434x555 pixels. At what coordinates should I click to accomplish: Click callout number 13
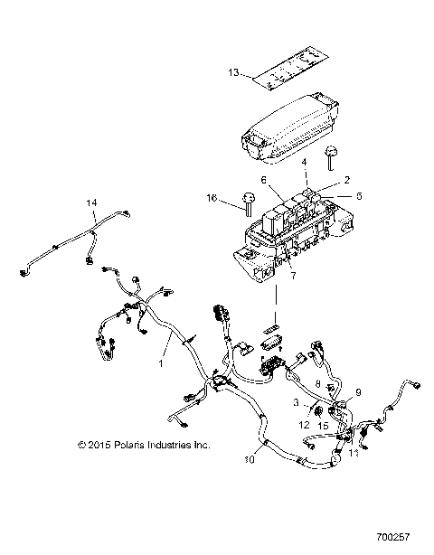pos(232,74)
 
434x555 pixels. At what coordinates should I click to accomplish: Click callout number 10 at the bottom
pos(250,459)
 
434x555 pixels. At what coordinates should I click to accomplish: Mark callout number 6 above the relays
pos(264,180)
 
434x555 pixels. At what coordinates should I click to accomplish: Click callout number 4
pos(305,163)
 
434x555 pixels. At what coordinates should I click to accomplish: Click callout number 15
pos(325,425)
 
